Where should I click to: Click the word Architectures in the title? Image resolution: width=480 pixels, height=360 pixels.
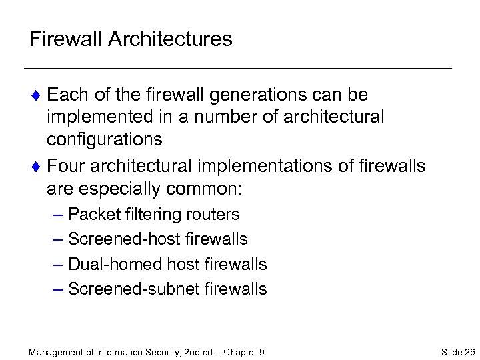tap(171, 39)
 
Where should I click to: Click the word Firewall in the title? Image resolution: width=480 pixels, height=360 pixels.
tap(66, 39)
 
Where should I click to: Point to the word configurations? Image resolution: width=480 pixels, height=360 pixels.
tap(105, 139)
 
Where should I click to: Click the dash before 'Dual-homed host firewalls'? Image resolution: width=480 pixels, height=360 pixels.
tap(57, 264)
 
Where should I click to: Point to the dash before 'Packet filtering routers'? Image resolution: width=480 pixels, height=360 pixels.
tap(57, 215)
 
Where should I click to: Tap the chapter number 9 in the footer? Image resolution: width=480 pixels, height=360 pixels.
tap(262, 351)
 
